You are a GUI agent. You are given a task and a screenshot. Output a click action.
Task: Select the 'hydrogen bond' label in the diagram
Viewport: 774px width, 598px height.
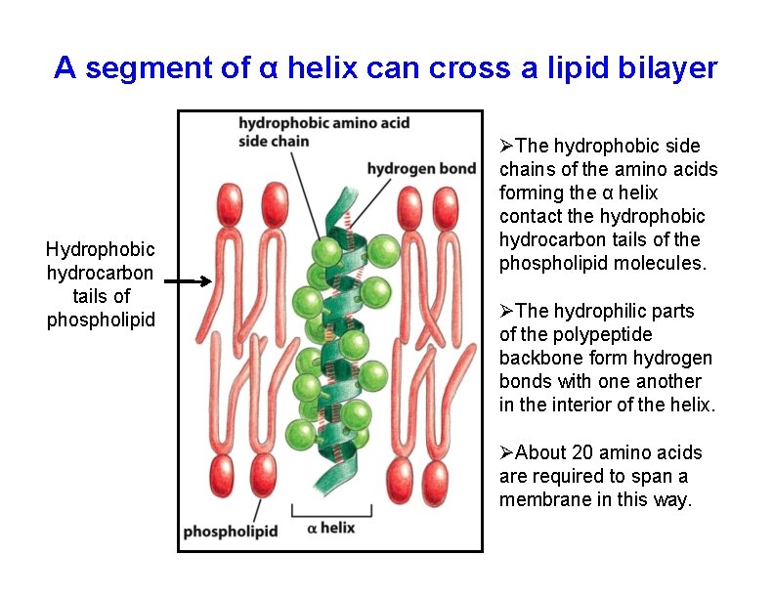421,169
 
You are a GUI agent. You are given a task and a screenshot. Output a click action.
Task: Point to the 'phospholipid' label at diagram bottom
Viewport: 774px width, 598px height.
231,533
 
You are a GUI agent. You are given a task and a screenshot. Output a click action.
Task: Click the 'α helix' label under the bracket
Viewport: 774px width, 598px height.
330,529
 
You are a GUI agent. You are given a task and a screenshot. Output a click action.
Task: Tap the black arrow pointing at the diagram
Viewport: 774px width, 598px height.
187,282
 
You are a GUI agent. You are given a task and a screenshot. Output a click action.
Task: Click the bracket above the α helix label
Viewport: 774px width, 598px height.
331,511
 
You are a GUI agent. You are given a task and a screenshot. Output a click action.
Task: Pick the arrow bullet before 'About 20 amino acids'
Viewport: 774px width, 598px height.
506,452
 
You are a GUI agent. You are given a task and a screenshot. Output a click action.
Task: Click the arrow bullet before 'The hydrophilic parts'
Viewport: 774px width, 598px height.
506,312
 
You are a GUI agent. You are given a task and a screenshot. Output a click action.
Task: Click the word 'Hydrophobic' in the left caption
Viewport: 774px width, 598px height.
101,250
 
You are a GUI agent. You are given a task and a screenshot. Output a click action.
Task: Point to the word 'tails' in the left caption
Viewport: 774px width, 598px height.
101,297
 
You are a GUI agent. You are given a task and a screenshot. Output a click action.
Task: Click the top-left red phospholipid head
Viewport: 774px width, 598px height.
229,207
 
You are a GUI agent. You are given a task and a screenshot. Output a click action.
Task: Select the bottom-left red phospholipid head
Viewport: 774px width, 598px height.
223,475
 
